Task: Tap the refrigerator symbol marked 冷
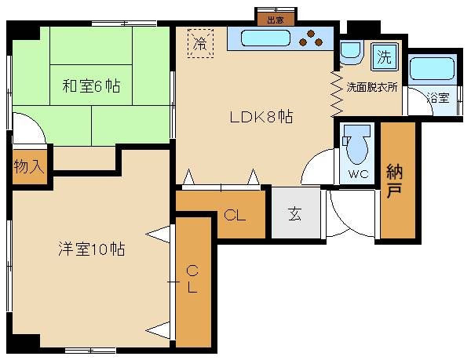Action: (199, 42)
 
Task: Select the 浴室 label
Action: (437, 98)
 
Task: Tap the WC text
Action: (358, 173)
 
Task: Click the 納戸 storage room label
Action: (396, 181)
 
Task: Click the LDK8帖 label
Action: (261, 117)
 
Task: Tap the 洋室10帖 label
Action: (91, 250)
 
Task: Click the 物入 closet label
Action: (28, 167)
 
